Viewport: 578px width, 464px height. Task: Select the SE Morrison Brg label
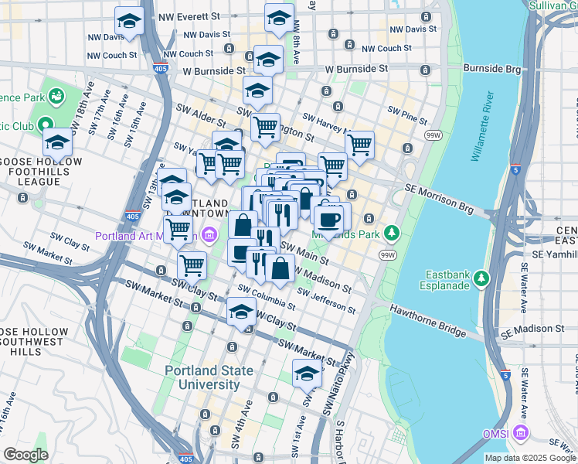click(x=444, y=203)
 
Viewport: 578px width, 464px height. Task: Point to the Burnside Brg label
click(x=493, y=69)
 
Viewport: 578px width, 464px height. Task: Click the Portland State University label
click(x=209, y=377)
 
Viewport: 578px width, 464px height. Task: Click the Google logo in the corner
click(x=25, y=454)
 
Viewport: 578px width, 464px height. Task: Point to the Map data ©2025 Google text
click(x=530, y=458)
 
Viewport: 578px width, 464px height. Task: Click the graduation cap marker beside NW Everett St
click(x=129, y=21)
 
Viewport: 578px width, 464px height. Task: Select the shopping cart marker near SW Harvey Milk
click(x=359, y=144)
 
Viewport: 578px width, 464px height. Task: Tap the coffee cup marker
click(x=329, y=217)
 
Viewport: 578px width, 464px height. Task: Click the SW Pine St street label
click(x=407, y=116)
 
